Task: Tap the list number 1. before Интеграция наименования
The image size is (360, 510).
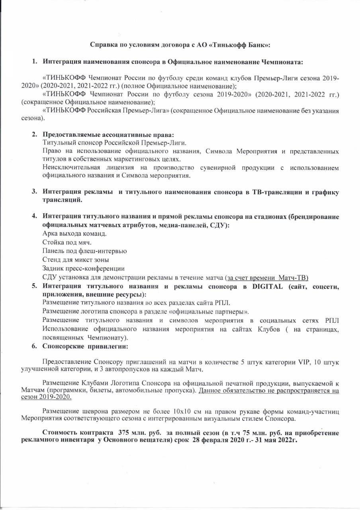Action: click(x=35, y=62)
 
